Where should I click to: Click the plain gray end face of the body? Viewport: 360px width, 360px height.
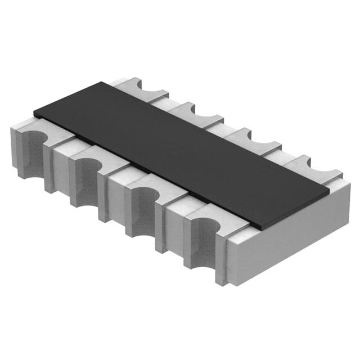click(x=292, y=239)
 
